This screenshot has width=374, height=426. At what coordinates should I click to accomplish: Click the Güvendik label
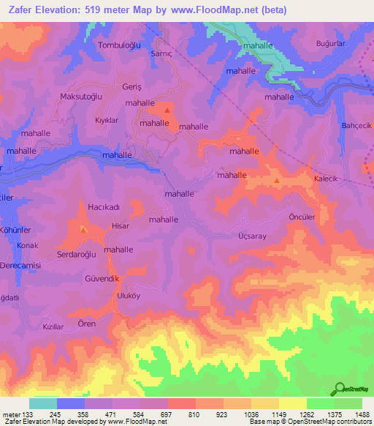click(x=102, y=279)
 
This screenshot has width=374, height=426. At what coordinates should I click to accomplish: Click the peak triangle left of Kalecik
click(x=276, y=180)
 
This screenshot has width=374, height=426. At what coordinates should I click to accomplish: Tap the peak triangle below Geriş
click(x=167, y=111)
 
